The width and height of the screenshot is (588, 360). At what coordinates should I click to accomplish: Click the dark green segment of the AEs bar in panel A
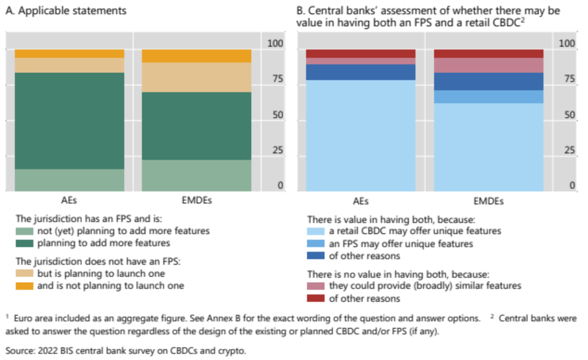[70, 121]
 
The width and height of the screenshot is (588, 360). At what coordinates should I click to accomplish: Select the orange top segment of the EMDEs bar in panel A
[197, 56]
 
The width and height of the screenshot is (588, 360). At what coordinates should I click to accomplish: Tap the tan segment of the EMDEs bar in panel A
[197, 77]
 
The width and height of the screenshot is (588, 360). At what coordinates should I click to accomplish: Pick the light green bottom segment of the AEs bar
[70, 180]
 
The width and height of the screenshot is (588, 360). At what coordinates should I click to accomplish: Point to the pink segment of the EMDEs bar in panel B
[488, 65]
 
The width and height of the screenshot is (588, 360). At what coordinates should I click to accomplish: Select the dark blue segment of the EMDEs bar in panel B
[488, 82]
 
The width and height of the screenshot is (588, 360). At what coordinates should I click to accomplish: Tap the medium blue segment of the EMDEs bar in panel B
[488, 96]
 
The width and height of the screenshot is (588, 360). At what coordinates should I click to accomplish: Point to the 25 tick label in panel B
[566, 150]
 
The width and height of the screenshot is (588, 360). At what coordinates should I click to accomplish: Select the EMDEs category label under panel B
[488, 202]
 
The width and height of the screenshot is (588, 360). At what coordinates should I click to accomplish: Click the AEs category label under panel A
[70, 202]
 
